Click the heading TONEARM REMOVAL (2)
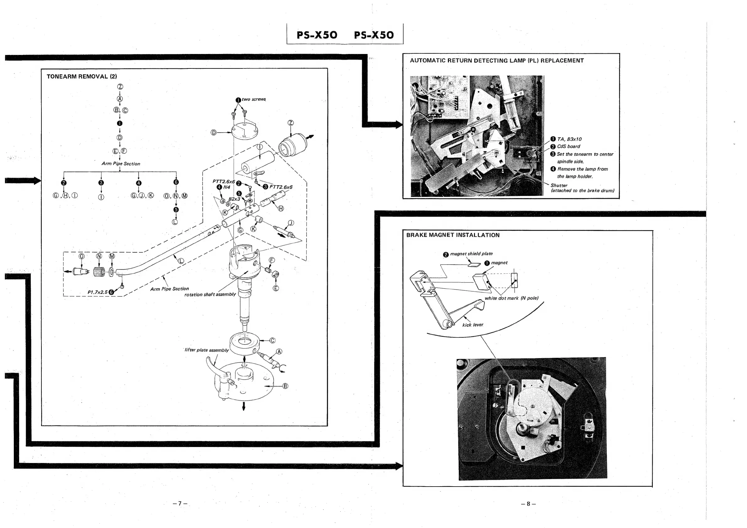click(82, 77)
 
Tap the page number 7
click(180, 504)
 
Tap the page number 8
click(528, 504)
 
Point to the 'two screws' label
click(253, 99)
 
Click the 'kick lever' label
click(472, 325)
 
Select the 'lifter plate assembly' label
click(207, 350)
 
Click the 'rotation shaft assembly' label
click(210, 294)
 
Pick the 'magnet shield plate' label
click(471, 254)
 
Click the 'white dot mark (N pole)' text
click(511, 298)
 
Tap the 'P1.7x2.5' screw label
click(97, 292)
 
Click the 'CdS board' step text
click(568, 147)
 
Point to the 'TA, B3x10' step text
click(569, 139)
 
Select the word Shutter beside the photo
click(559, 185)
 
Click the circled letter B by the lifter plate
click(285, 386)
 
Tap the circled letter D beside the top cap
click(213, 132)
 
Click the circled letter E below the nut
click(275, 288)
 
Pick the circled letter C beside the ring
click(272, 341)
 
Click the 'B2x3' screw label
click(234, 199)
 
